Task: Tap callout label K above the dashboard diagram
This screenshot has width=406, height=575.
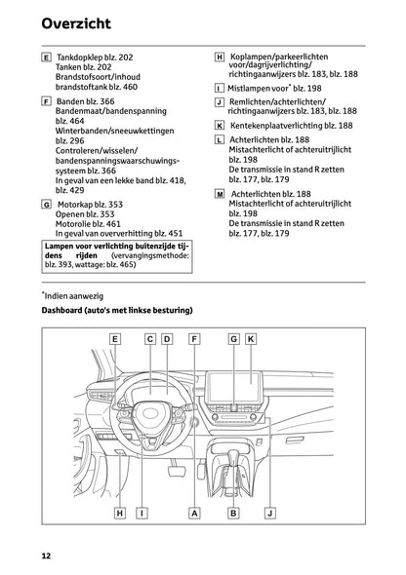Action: pos(251,339)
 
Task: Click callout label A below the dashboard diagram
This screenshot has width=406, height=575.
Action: pos(194,512)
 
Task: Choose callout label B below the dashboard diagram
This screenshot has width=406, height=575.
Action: pos(233,512)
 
